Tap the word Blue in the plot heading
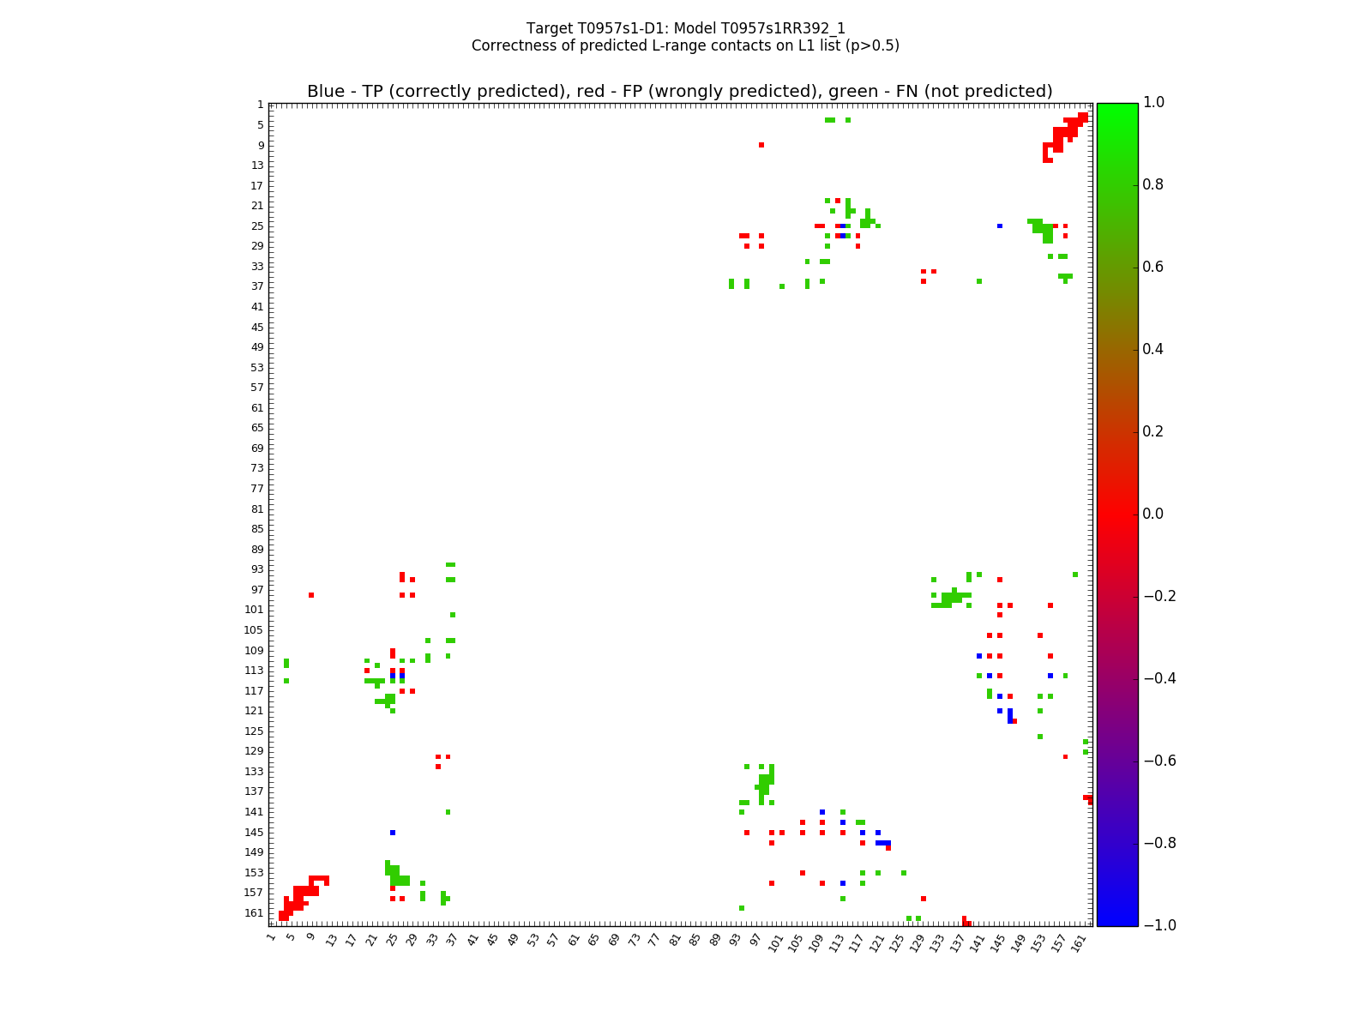[324, 92]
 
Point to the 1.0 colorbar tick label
[1153, 103]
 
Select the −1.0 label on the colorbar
[1158, 925]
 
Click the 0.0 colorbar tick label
[1153, 514]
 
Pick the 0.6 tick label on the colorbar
[1153, 267]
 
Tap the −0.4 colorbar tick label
[1158, 678]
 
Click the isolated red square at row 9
[761, 145]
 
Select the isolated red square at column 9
[311, 595]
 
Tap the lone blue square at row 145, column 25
[393, 833]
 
